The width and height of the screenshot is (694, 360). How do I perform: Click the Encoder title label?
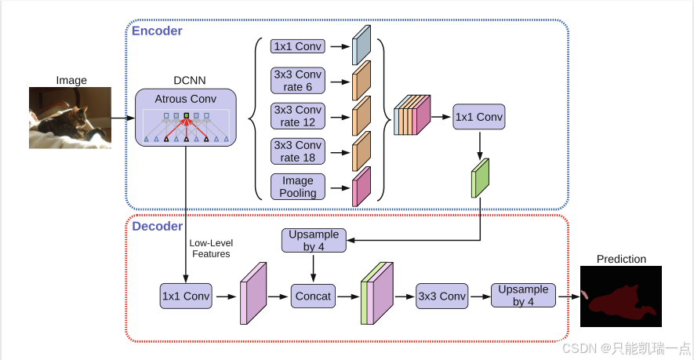click(157, 31)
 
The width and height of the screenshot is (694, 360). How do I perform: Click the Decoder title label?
click(157, 226)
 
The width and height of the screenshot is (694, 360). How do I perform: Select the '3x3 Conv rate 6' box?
click(298, 81)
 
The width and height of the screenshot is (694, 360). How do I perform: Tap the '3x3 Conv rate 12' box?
click(298, 116)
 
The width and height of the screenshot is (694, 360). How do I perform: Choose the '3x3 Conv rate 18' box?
click(298, 151)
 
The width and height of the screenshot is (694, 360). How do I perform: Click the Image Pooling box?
click(298, 187)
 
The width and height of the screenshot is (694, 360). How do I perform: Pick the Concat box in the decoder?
click(313, 296)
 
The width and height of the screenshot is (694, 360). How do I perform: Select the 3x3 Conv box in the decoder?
click(442, 296)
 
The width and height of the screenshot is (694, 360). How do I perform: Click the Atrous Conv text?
click(185, 99)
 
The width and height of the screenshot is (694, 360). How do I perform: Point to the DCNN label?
click(190, 80)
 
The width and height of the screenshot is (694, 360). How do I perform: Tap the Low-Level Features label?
click(211, 249)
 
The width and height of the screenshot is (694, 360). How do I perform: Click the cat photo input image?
click(70, 118)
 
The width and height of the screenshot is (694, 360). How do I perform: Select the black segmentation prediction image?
click(621, 296)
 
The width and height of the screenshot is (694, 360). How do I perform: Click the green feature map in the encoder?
click(480, 178)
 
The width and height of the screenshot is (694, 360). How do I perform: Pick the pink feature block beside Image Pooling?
click(362, 187)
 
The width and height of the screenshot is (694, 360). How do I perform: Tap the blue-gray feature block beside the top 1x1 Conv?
click(362, 45)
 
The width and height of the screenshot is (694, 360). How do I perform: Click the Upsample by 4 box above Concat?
click(314, 241)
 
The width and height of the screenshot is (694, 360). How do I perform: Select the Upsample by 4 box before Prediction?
click(523, 296)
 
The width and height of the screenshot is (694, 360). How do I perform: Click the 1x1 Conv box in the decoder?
click(186, 296)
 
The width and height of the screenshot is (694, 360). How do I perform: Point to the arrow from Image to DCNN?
click(123, 118)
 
